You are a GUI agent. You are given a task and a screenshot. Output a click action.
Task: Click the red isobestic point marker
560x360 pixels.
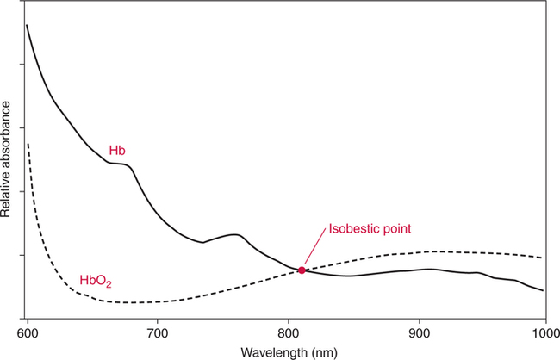[x=302, y=270]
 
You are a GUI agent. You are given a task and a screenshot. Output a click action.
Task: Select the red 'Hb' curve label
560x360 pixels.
[x=118, y=151]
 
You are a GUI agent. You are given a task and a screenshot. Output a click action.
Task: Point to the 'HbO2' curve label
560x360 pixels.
[x=96, y=281]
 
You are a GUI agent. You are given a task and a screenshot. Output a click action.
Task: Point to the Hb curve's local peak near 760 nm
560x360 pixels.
[x=233, y=234]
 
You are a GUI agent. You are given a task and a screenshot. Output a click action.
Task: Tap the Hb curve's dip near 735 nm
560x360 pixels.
[x=202, y=243]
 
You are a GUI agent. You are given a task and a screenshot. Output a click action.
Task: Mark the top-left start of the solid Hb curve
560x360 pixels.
[x=27, y=25]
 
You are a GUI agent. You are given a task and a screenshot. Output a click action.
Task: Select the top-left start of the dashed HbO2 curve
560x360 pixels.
[x=28, y=144]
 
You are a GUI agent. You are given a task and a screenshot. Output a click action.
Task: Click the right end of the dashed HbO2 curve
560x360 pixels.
[x=542, y=258]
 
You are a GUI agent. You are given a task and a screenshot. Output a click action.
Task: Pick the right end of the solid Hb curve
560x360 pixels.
[x=543, y=290]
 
